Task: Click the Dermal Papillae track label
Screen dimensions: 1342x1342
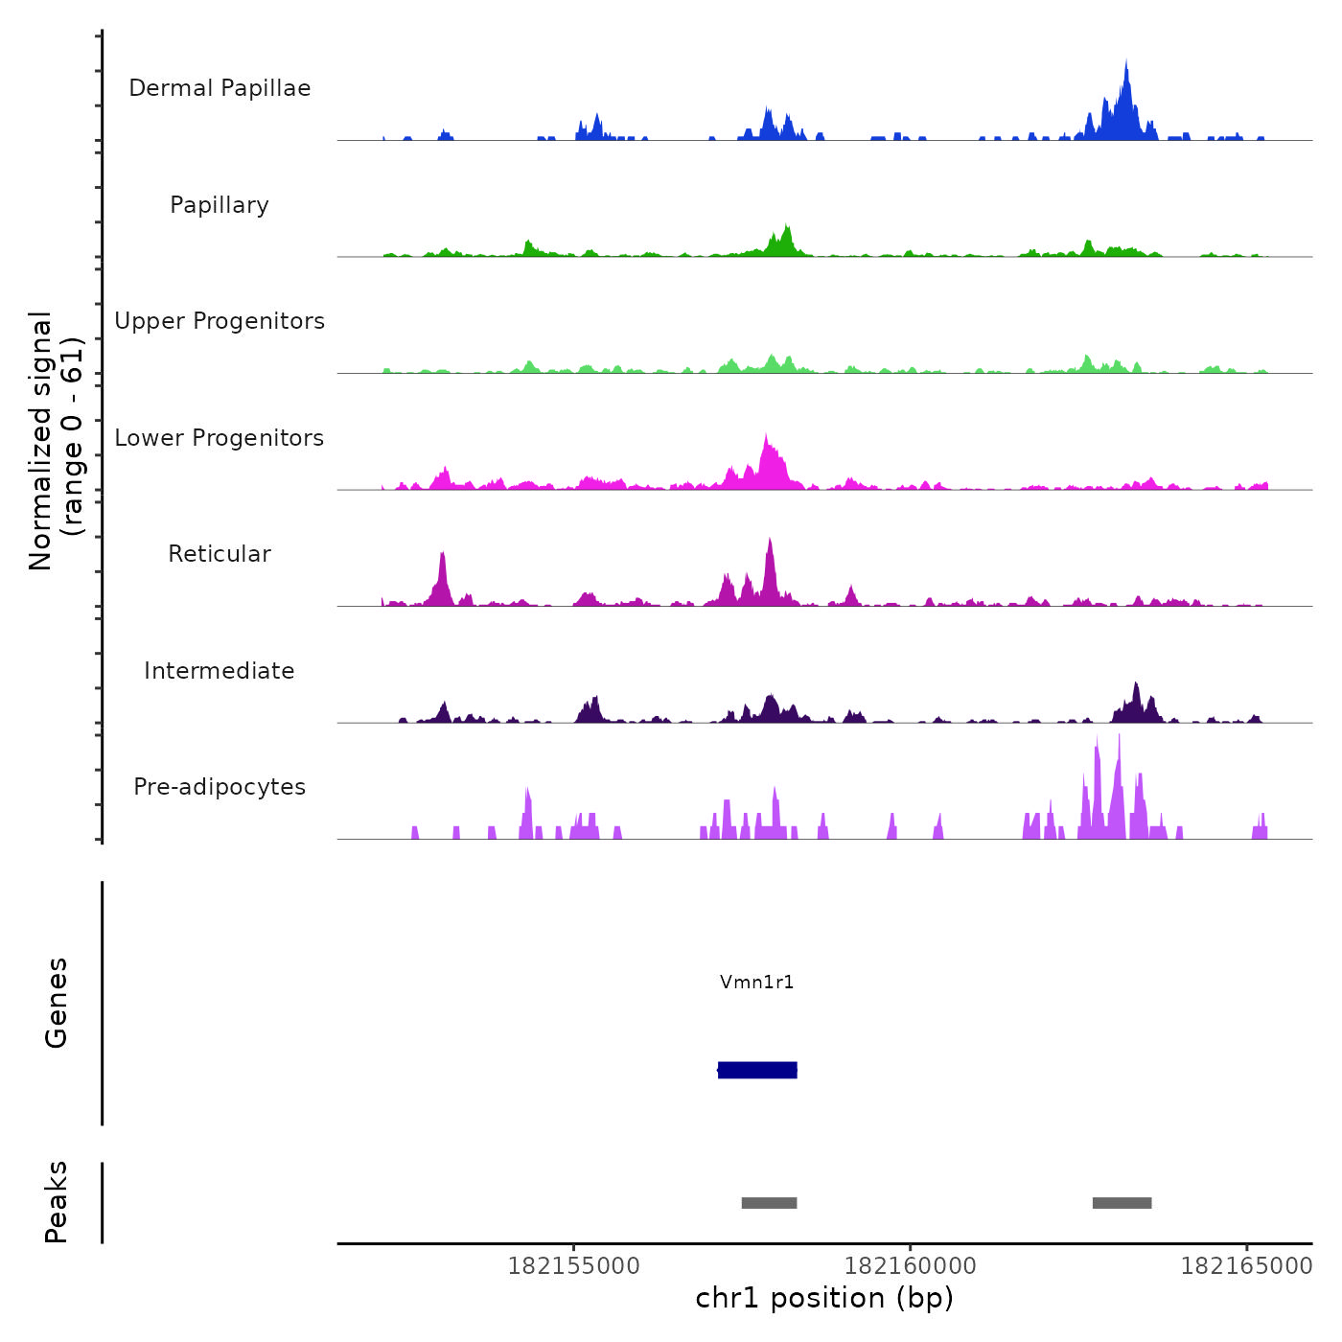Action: coord(220,88)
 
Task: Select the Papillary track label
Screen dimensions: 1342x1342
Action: coord(220,205)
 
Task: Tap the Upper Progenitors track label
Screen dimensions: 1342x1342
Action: coord(220,321)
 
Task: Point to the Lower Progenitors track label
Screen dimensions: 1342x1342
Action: coord(220,438)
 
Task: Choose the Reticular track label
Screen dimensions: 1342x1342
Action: coord(220,554)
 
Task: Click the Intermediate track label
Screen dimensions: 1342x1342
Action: coord(220,671)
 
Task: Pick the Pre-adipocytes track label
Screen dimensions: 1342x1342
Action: coord(220,787)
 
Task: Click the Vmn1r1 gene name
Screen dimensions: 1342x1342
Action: coord(757,982)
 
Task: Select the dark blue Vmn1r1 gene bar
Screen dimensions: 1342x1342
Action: coord(757,1070)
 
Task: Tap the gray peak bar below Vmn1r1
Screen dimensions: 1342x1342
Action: coord(769,1203)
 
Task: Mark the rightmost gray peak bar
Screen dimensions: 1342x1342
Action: coord(1122,1203)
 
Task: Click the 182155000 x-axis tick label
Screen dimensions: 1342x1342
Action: coord(573,1266)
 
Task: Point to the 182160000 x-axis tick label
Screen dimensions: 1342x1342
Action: coord(911,1266)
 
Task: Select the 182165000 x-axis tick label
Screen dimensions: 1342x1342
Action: coord(1246,1266)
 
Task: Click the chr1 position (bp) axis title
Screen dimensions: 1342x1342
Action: coord(824,1298)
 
